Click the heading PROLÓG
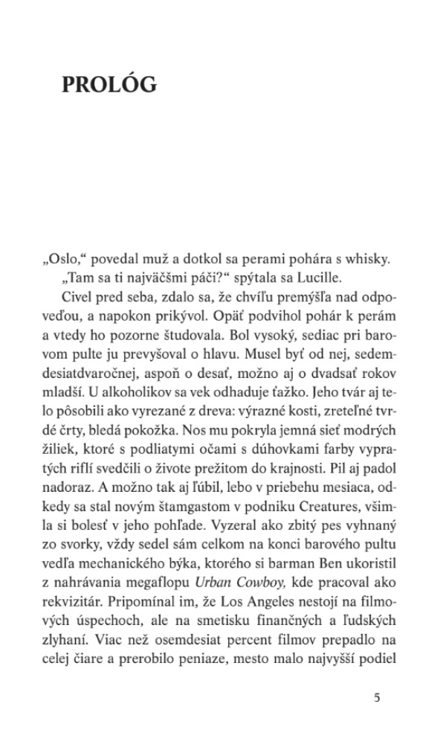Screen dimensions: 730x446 coord(109,85)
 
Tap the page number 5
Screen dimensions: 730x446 coord(377,697)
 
